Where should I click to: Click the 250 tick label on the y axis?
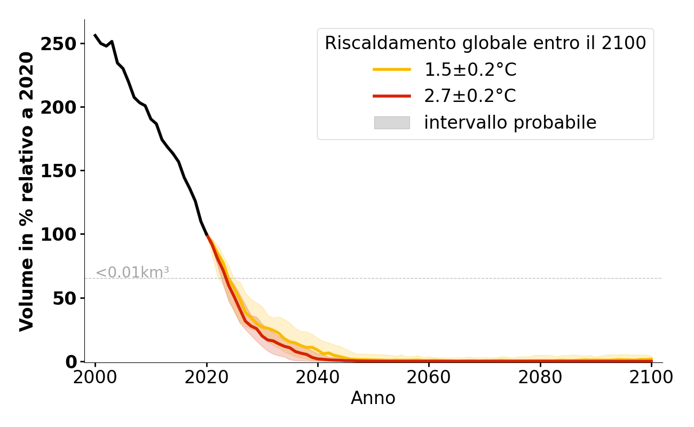point(59,44)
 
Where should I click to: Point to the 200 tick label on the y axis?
point(59,107)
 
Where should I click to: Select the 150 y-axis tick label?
point(59,171)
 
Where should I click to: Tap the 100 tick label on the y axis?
point(59,234)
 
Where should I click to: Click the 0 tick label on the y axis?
point(72,361)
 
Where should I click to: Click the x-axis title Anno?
point(373,398)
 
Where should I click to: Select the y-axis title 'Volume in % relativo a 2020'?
point(27,191)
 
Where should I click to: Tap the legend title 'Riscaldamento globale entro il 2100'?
point(485,43)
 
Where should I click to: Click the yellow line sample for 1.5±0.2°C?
point(392,69)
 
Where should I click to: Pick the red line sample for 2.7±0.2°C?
point(392,96)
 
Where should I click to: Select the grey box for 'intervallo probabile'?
point(392,123)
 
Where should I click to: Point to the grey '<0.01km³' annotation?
point(132,273)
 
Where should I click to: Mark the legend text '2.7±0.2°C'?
point(470,96)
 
